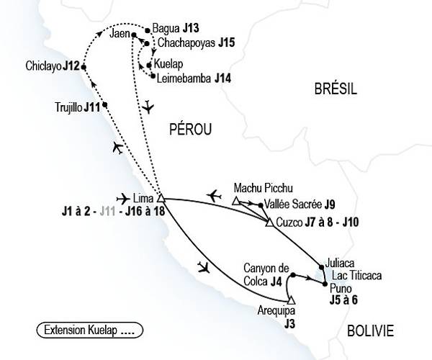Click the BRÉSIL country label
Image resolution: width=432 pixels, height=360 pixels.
(x=336, y=89)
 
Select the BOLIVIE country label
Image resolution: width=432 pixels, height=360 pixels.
(x=369, y=331)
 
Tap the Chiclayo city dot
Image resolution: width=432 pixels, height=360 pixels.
(x=84, y=67)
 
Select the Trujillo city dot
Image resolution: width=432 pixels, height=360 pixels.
(x=107, y=105)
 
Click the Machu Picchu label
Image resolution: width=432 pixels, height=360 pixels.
(x=264, y=187)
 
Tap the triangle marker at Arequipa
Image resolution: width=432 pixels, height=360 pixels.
(x=291, y=300)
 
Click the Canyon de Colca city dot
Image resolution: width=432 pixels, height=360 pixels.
(x=293, y=275)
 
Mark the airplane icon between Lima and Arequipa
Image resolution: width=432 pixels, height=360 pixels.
(x=204, y=268)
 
